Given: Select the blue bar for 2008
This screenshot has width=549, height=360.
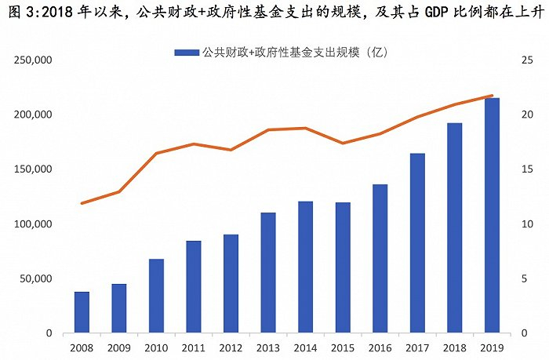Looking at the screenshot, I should tap(82, 312).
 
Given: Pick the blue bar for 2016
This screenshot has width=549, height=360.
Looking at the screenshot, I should tap(380, 259).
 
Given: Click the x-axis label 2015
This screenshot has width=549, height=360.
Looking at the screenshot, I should tap(343, 347).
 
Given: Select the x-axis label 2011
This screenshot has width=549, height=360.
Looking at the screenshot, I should tap(194, 347).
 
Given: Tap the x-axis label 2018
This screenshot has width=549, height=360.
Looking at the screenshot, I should tap(455, 347).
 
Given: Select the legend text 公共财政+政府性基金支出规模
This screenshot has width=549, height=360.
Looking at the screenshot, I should tap(295, 52).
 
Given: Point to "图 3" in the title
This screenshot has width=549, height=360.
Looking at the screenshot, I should tap(16, 11).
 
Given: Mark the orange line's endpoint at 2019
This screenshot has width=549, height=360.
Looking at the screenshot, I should tap(492, 96).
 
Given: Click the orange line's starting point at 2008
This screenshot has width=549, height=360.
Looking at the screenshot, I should tap(82, 203).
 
